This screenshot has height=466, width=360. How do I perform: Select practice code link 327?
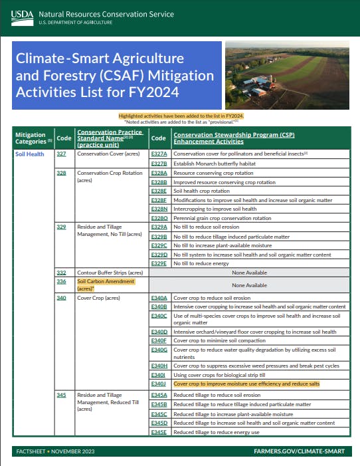pyautogui.click(x=61, y=154)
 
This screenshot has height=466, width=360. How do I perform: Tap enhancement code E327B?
pyautogui.click(x=159, y=163)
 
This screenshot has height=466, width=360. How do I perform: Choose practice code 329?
pyautogui.click(x=61, y=227)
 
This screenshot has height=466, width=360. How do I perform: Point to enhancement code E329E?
pyautogui.click(x=159, y=263)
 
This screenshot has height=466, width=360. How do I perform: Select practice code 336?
pyautogui.click(x=61, y=281)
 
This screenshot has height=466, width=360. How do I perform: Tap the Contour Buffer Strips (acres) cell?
pyautogui.click(x=110, y=273)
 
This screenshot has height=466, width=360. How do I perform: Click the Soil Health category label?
pyautogui.click(x=29, y=154)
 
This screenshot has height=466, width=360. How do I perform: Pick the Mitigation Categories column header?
pyautogui.click(x=31, y=138)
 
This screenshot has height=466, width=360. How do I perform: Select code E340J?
pyautogui.click(x=158, y=384)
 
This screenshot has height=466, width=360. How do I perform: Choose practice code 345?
pyautogui.click(x=61, y=395)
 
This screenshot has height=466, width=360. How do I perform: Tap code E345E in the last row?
pyautogui.click(x=159, y=431)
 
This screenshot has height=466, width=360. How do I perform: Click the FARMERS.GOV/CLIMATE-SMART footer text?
pyautogui.click(x=299, y=451)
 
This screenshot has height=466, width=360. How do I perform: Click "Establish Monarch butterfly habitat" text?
pyautogui.click(x=216, y=163)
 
